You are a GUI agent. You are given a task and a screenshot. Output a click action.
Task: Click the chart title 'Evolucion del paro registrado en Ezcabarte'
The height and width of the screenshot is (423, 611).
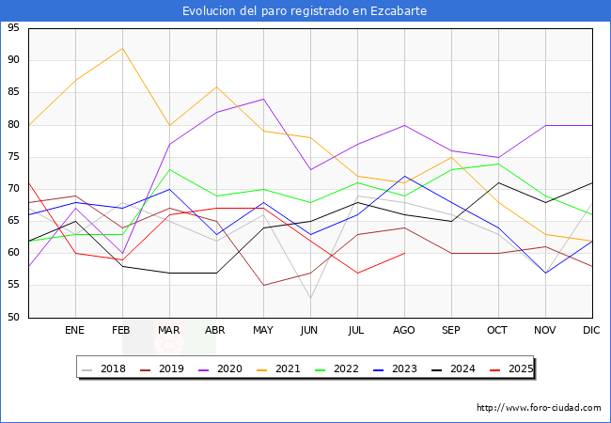tap(305, 10)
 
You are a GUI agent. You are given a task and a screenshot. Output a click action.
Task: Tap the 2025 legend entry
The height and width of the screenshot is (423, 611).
tap(511, 368)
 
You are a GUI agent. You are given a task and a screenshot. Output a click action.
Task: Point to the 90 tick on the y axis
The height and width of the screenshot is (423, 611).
tap(13, 60)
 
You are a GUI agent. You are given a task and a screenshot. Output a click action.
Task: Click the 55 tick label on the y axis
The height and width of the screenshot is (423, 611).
tap(13, 285)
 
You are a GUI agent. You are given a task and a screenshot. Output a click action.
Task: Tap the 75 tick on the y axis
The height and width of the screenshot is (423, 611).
tap(13, 156)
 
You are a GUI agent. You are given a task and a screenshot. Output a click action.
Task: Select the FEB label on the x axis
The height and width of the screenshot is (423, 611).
tap(122, 331)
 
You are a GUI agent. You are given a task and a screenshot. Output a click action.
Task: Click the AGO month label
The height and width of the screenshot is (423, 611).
tap(404, 331)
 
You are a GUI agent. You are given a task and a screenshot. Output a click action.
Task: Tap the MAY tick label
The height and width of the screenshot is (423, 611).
tap(263, 331)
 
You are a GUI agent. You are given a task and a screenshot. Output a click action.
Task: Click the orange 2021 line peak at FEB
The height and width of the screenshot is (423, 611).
tap(122, 48)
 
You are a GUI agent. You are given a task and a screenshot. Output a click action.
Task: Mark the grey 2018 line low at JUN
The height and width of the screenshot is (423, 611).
tap(310, 298)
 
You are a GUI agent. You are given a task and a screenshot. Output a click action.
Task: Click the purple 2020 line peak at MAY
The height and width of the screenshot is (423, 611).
tap(263, 99)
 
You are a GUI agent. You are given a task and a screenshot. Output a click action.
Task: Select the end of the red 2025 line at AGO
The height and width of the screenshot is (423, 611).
tap(404, 253)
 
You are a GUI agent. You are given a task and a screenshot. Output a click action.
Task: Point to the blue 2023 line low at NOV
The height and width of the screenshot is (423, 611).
tap(545, 273)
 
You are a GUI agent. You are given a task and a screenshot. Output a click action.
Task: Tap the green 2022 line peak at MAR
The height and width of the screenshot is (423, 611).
tap(169, 169)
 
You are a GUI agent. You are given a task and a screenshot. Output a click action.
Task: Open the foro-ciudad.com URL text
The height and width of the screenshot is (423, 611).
tap(539, 408)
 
